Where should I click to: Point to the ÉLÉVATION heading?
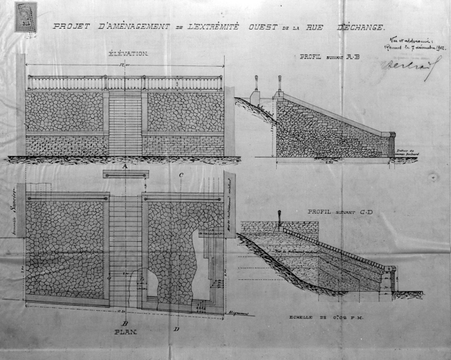pos(128,53)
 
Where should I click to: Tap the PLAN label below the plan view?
pos(126,330)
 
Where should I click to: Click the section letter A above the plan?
pos(124,167)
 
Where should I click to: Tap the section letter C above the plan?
pos(181,174)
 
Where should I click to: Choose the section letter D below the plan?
pos(176,328)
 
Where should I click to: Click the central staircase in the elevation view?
pos(125,123)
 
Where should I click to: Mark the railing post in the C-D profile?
pos(280,218)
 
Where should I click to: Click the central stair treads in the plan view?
pos(125,246)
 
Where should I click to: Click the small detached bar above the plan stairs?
pos(125,174)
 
